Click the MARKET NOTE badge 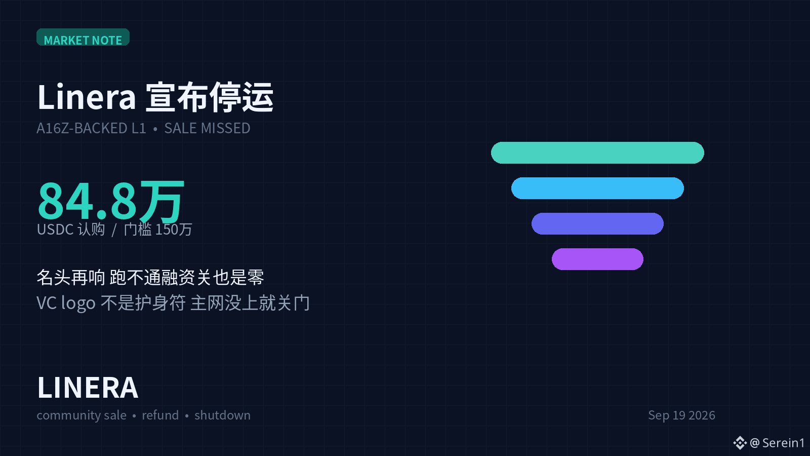click(83, 37)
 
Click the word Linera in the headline click(87, 97)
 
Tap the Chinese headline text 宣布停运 click(210, 97)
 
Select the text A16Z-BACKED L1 click(91, 129)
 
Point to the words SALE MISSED click(207, 129)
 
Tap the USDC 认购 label click(71, 230)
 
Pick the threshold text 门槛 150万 click(157, 230)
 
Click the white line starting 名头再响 click(150, 278)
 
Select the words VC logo click(66, 303)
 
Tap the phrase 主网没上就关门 click(250, 303)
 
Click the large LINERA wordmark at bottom click(88, 388)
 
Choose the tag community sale click(82, 415)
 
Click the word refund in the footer click(160, 415)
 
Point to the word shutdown click(222, 415)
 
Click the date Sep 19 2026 click(681, 415)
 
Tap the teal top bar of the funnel click(597, 153)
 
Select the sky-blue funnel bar click(597, 188)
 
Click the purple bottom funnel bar click(597, 259)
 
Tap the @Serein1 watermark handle click(777, 443)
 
